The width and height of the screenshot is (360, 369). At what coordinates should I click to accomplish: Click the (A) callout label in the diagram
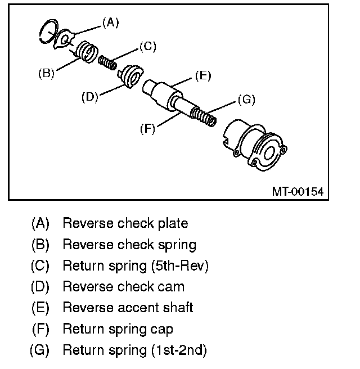tap(110, 22)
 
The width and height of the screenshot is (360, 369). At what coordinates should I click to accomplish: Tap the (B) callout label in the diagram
tap(46, 73)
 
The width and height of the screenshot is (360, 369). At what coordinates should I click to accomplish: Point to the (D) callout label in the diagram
tap(90, 96)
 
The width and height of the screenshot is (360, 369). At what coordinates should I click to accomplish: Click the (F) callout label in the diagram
tap(147, 128)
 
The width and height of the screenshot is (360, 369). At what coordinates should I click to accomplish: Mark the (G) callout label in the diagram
tap(246, 100)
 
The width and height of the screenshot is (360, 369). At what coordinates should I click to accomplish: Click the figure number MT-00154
tap(298, 191)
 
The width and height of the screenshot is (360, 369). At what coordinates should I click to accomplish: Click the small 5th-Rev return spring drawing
tap(106, 61)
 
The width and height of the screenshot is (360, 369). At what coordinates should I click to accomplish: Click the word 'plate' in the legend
tap(172, 223)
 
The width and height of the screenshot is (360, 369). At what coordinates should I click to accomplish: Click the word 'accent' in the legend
tap(136, 308)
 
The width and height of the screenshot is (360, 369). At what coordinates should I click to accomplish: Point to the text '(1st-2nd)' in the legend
tap(179, 351)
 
